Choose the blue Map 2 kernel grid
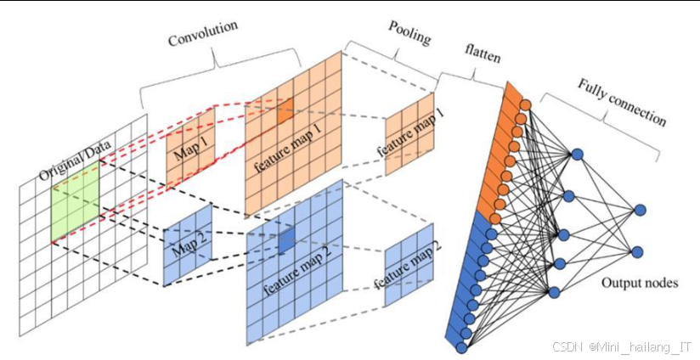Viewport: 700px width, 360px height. coord(187,242)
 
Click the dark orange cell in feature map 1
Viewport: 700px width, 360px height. coord(284,108)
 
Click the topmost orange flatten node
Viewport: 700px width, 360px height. coord(525,106)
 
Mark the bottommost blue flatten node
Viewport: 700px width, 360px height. coord(461,347)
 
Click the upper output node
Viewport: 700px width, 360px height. coord(639,209)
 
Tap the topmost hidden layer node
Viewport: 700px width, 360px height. coord(578,155)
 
